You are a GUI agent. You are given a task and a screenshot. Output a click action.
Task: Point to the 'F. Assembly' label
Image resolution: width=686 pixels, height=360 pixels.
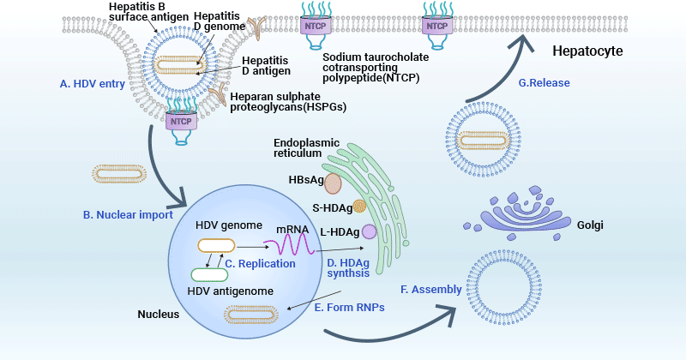(x=436, y=290)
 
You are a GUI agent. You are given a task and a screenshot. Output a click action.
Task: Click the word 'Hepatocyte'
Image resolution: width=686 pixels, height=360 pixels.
(x=586, y=51)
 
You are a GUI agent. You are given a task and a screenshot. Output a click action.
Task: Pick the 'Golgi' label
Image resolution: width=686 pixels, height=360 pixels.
(x=590, y=225)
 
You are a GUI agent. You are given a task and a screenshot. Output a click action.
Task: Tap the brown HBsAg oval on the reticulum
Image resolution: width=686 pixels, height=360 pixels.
(x=332, y=183)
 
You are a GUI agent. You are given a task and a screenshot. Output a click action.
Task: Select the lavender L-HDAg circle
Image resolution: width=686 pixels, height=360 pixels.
(x=369, y=231)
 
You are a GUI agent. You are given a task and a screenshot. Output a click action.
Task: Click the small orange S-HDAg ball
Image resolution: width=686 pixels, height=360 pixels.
(x=348, y=207)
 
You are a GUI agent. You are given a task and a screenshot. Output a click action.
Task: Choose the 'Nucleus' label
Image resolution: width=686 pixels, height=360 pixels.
(x=158, y=315)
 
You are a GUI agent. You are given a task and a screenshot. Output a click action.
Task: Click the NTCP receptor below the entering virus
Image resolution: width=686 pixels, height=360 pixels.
(x=182, y=121)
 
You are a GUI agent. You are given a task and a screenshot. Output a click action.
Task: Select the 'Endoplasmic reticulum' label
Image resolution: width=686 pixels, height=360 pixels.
(x=307, y=147)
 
